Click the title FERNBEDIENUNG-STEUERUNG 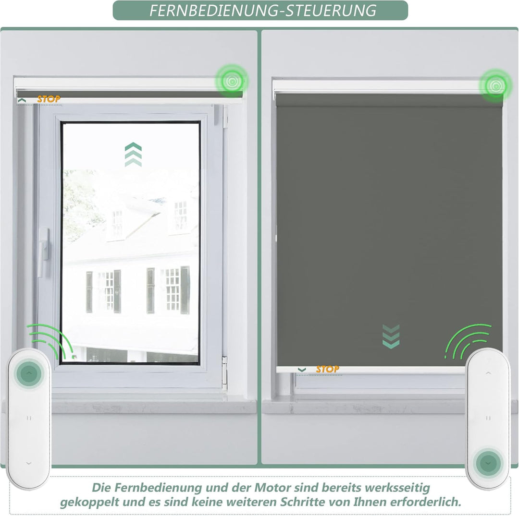[263, 11]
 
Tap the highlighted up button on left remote [29, 373]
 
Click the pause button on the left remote [29, 418]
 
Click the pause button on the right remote [488, 418]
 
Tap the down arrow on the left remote [29, 463]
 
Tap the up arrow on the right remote [488, 373]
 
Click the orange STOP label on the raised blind [49, 99]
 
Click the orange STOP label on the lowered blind [327, 369]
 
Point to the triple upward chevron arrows [133, 155]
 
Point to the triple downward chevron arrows [391, 336]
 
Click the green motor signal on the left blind [232, 81]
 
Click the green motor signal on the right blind [495, 85]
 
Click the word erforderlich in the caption [425, 502]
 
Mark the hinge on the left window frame [225, 373]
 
